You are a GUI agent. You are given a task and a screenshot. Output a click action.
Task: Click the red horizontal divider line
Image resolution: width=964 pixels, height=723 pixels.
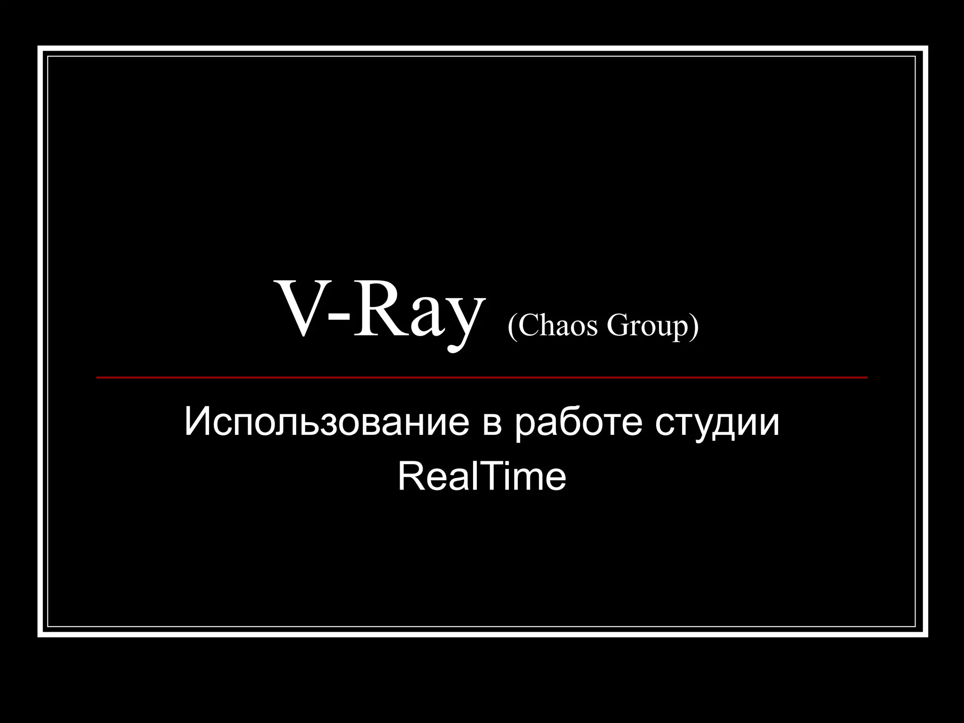tap(482, 377)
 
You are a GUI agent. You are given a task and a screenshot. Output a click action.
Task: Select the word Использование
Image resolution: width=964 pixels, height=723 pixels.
tap(327, 423)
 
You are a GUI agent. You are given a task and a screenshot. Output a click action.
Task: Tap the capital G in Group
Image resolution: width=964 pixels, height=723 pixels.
tap(617, 326)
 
